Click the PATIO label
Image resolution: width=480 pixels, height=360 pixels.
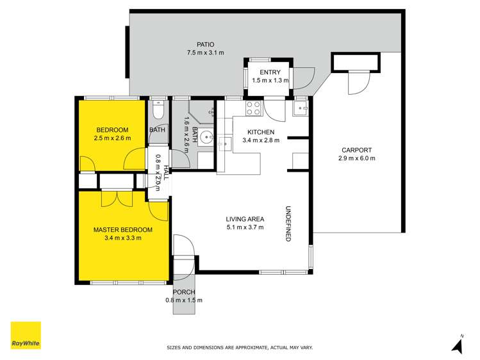(205, 44)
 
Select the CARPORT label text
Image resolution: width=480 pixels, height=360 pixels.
(357, 149)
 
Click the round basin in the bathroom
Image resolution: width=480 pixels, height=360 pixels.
(206, 136)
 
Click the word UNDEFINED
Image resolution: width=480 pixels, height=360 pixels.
(288, 224)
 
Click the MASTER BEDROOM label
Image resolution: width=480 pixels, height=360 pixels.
(123, 229)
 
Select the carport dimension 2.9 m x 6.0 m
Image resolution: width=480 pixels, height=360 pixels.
(357, 158)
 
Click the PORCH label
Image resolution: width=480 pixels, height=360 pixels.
(183, 292)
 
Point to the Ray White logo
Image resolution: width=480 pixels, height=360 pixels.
(26, 336)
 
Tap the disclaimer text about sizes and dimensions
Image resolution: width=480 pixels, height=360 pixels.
(240, 348)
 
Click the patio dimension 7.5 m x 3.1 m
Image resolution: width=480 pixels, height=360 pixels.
(205, 53)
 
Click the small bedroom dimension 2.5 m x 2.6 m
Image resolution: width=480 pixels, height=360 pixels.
(112, 138)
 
